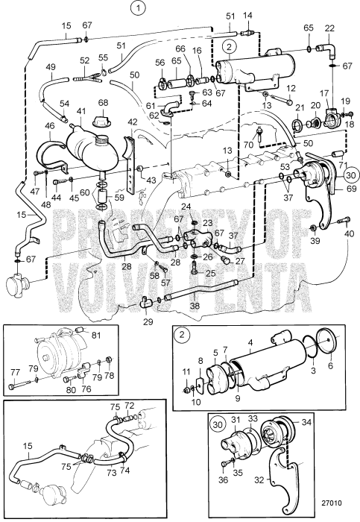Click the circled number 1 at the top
138,9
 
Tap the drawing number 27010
332,503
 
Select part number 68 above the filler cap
103,103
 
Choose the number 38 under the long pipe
195,305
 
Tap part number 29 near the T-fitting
148,321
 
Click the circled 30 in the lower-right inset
217,424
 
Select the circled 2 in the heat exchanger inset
182,334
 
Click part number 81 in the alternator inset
96,336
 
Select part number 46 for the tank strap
50,126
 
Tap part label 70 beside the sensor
248,145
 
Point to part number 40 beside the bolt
349,234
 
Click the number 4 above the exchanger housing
250,342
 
